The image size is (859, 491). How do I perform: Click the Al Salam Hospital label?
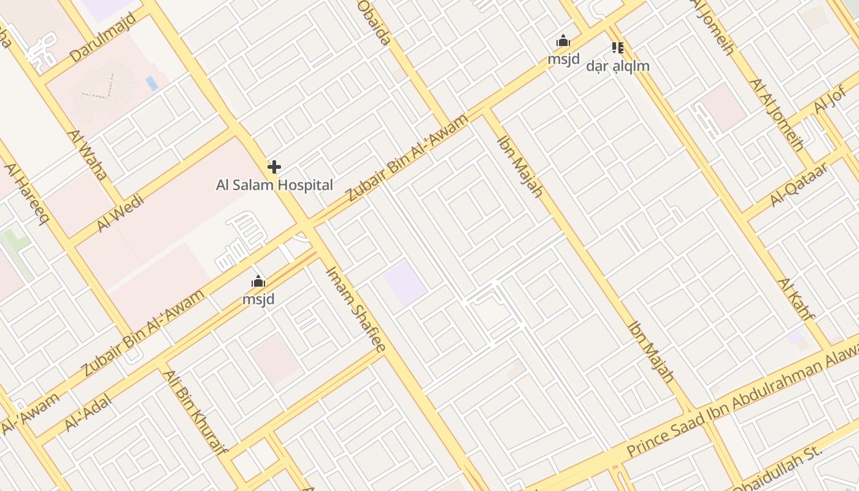click(x=274, y=185)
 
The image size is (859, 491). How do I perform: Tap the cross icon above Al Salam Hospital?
click(x=274, y=166)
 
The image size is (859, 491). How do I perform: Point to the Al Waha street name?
click(x=88, y=154)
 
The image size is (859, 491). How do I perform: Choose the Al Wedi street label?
click(x=120, y=213)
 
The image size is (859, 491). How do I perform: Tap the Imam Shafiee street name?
click(x=355, y=309)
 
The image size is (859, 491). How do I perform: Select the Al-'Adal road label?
click(x=88, y=412)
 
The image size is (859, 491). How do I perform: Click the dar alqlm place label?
click(x=617, y=66)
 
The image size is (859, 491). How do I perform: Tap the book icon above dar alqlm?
click(x=617, y=47)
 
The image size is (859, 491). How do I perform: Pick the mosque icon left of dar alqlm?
click(x=563, y=42)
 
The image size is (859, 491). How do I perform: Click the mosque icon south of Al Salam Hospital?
click(x=258, y=282)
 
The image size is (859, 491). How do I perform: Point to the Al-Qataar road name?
click(x=798, y=184)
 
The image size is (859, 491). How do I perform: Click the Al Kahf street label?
click(x=796, y=299)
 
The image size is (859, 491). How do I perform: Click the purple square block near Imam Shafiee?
click(x=405, y=283)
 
